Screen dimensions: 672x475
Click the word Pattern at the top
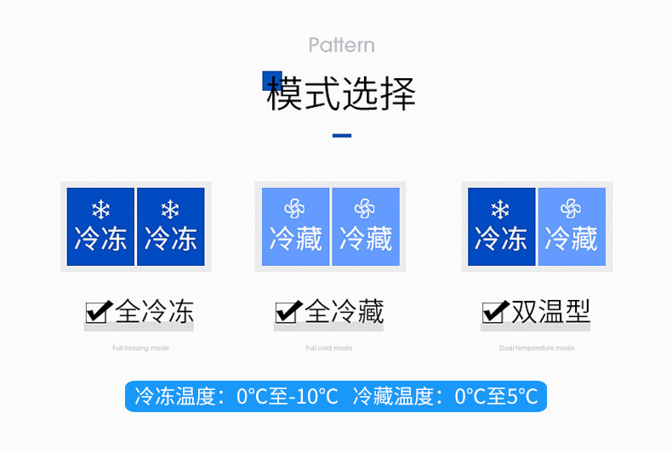coord(341,45)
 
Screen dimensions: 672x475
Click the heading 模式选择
coord(341,93)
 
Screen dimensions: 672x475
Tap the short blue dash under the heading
coord(341,135)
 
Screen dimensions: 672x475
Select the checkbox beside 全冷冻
coord(99,313)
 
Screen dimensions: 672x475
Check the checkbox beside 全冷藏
coord(288,313)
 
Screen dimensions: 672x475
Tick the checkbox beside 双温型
coord(495,313)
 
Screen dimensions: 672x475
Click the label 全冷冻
coord(154,312)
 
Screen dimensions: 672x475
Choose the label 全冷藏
coord(344,312)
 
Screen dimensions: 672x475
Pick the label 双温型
coord(550,312)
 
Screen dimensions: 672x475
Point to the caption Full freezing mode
coord(140,348)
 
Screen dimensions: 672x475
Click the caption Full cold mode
coord(329,348)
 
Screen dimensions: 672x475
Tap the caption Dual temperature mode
coord(537,348)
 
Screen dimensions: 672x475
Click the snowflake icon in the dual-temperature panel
coord(500,209)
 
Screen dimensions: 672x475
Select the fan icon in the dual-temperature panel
coord(571,209)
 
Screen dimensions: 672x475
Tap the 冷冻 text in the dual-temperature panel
coord(501,239)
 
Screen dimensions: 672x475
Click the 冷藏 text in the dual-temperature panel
coord(571,239)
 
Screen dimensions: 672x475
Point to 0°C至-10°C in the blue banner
coord(288,396)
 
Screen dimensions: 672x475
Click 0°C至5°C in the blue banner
coord(496,396)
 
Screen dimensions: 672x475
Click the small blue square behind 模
coord(271,79)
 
